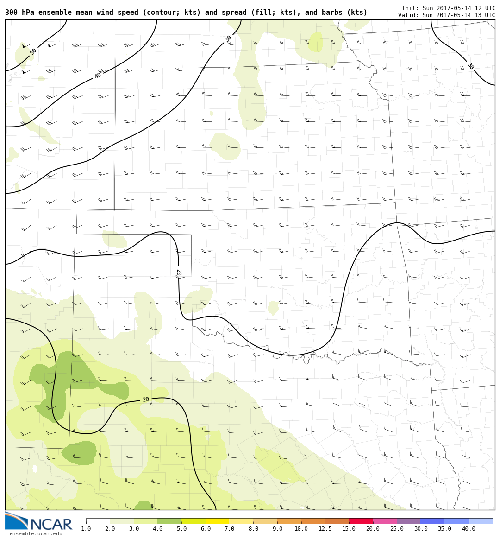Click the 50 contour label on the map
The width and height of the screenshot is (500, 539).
pyautogui.click(x=33, y=51)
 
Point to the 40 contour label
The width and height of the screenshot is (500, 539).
pyautogui.click(x=98, y=76)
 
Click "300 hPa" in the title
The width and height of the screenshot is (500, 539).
pyautogui.click(x=19, y=13)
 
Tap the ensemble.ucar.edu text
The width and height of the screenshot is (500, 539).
pyautogui.click(x=36, y=533)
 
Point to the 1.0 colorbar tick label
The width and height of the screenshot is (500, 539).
pyautogui.click(x=86, y=529)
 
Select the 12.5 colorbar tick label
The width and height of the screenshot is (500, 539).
pyautogui.click(x=325, y=529)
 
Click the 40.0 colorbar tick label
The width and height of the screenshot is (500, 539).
pyautogui.click(x=469, y=529)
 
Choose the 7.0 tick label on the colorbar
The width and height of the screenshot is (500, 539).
pyautogui.click(x=229, y=529)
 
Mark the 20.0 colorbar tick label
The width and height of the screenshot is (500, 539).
pyautogui.click(x=373, y=529)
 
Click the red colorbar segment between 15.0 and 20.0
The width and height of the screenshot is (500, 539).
pyautogui.click(x=361, y=521)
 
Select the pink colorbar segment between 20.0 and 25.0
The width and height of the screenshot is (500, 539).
pyautogui.click(x=385, y=521)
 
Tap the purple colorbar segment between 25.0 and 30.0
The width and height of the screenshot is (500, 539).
pyautogui.click(x=409, y=521)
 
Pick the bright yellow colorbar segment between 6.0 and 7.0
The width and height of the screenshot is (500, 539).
pyautogui.click(x=218, y=521)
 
